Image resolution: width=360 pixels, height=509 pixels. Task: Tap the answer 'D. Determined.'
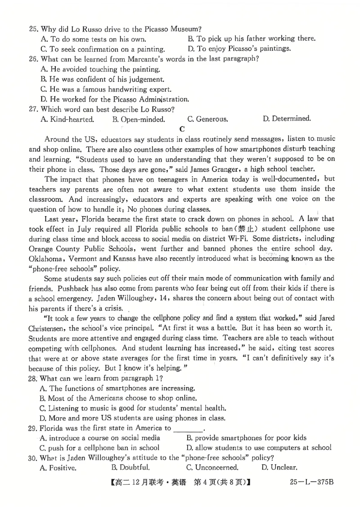pyautogui.click(x=287, y=119)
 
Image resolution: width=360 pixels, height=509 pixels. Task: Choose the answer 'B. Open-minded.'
pyautogui.click(x=139, y=119)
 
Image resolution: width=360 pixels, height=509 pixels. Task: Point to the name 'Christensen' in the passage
pyautogui.click(x=47, y=328)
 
